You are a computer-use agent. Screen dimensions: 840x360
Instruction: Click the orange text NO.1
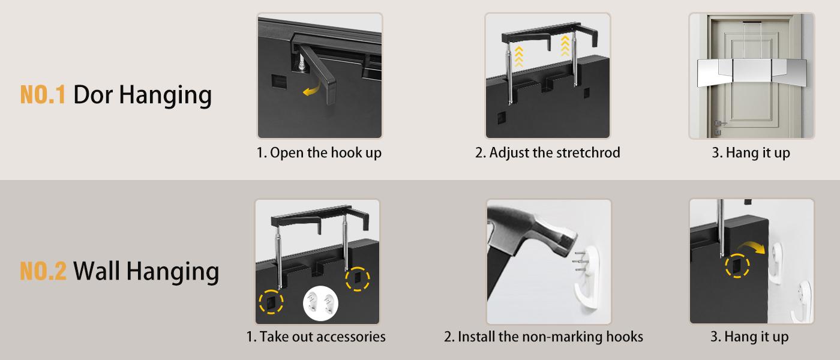pyautogui.click(x=43, y=94)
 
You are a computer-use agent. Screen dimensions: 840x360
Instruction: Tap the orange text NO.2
pyautogui.click(x=43, y=271)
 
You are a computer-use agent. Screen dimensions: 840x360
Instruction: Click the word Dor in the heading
pyautogui.click(x=93, y=94)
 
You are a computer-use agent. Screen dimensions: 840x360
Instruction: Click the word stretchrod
pyautogui.click(x=588, y=152)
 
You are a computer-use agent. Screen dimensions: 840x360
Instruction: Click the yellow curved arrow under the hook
pyautogui.click(x=312, y=90)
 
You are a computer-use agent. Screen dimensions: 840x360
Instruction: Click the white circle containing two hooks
pyautogui.click(x=320, y=304)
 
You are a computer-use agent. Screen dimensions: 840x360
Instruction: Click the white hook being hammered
pyautogui.click(x=587, y=277)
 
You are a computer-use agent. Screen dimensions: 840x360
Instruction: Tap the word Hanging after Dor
pyautogui.click(x=166, y=95)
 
